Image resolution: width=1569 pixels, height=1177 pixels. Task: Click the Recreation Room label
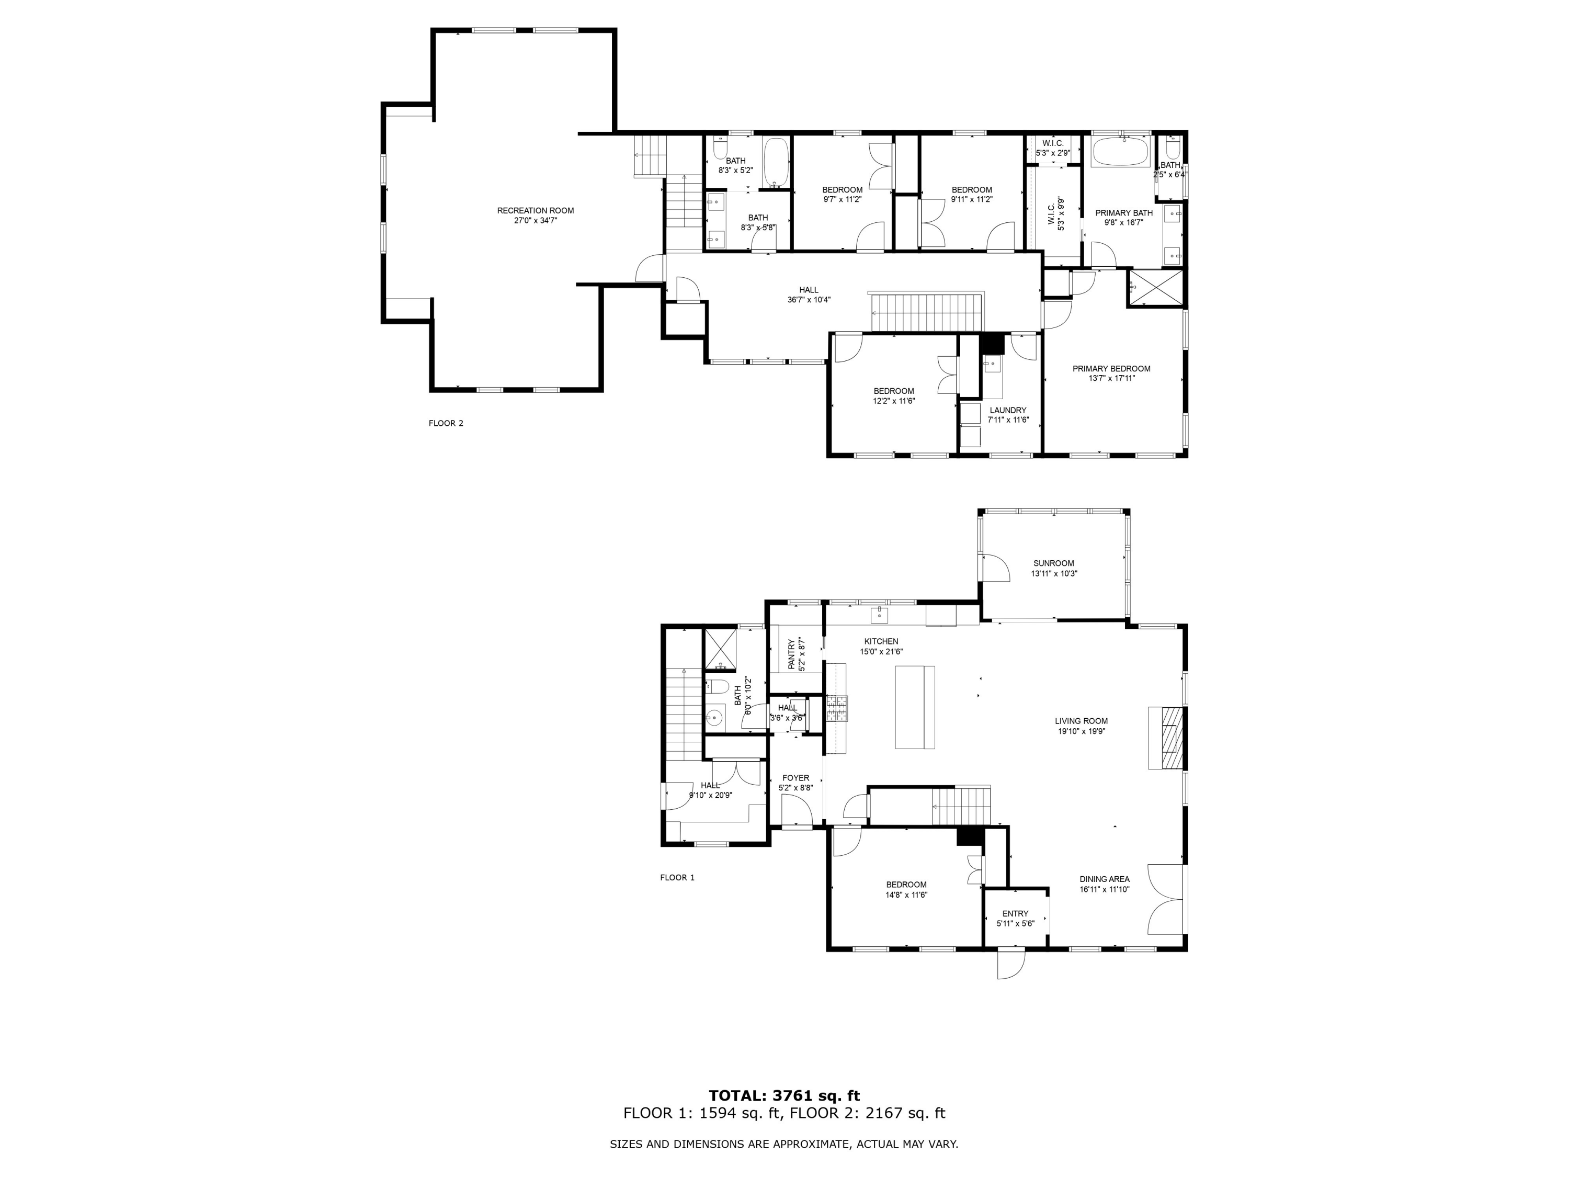535,211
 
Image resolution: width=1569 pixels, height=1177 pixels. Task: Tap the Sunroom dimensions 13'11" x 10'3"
1053,574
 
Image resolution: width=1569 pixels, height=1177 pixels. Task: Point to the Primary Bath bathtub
1120,151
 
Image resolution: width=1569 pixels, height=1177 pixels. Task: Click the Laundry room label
1007,410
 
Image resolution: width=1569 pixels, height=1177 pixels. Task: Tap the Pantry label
792,654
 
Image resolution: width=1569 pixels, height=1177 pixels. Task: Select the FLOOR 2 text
446,424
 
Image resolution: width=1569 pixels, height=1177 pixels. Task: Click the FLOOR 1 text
677,878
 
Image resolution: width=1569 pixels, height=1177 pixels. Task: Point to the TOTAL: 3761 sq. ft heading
784,1096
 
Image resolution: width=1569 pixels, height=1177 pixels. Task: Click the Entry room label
1015,914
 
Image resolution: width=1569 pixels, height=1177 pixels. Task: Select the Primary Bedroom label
1111,369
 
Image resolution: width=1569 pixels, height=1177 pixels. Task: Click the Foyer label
795,778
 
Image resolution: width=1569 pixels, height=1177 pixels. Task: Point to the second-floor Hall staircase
926,312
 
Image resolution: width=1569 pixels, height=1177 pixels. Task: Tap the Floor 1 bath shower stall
721,649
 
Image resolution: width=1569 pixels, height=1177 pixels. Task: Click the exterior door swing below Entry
1011,964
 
